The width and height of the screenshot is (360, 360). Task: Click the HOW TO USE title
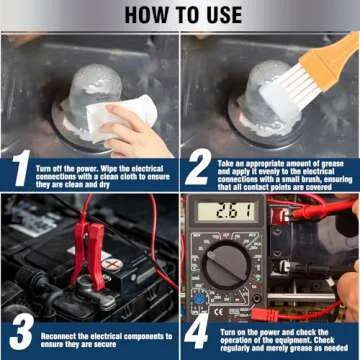click(x=180, y=14)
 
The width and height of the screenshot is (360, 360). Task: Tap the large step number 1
click(x=20, y=170)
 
